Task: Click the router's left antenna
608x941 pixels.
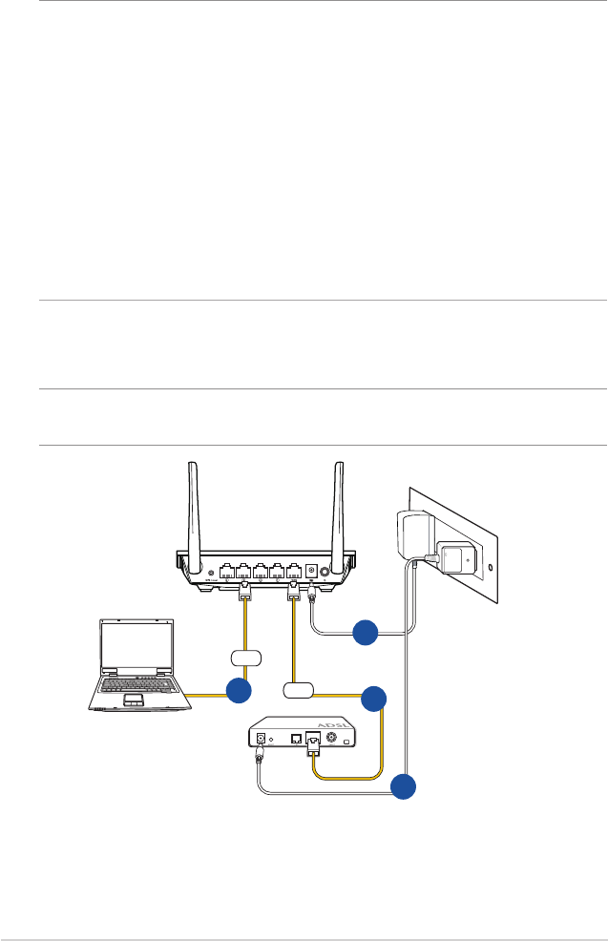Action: (x=193, y=505)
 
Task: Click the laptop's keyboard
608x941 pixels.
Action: (x=139, y=686)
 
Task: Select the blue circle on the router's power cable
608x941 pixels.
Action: (x=364, y=633)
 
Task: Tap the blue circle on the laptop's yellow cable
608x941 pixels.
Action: (x=238, y=692)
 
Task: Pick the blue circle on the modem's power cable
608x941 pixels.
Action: (x=404, y=786)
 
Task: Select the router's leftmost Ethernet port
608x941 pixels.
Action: (x=226, y=573)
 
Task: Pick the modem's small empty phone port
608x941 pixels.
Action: (x=296, y=737)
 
